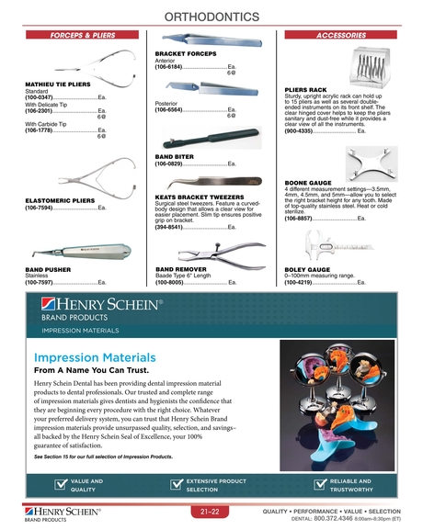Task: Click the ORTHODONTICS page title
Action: click(212, 17)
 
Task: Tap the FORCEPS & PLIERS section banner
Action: click(75, 36)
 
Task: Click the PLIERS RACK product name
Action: click(307, 89)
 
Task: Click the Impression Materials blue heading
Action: click(95, 357)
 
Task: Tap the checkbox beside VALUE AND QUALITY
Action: click(61, 485)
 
